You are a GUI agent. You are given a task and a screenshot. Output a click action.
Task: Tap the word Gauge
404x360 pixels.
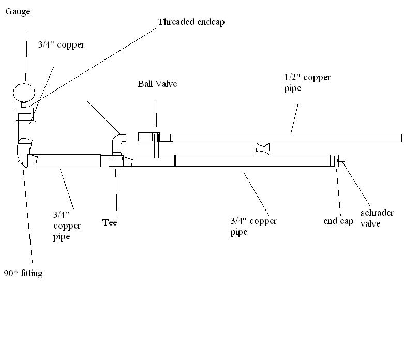(x=18, y=12)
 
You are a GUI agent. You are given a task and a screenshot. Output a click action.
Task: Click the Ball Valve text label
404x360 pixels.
(x=157, y=83)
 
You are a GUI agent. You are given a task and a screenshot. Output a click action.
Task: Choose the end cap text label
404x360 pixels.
(x=338, y=221)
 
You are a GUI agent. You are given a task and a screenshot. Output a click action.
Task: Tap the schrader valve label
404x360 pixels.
(x=377, y=218)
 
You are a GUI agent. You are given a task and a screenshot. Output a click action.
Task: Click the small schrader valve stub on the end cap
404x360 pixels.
(x=341, y=161)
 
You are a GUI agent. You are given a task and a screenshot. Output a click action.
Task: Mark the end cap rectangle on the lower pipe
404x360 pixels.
(x=334, y=161)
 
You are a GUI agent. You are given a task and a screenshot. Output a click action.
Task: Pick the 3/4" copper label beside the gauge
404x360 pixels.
(x=61, y=45)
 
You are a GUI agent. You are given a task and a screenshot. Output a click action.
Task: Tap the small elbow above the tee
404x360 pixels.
(x=116, y=142)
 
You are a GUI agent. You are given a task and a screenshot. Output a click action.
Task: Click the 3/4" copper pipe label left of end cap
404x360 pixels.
(x=253, y=227)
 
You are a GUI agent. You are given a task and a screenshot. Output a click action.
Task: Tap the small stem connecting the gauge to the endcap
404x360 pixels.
(x=24, y=104)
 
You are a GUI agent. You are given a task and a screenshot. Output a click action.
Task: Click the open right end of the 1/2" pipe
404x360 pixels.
(x=401, y=138)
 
